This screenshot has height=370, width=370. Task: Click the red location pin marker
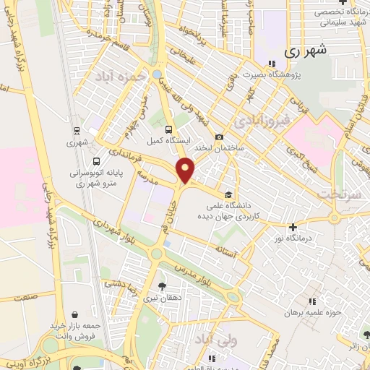[186, 171]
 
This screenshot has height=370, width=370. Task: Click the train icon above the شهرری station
[76, 131]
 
